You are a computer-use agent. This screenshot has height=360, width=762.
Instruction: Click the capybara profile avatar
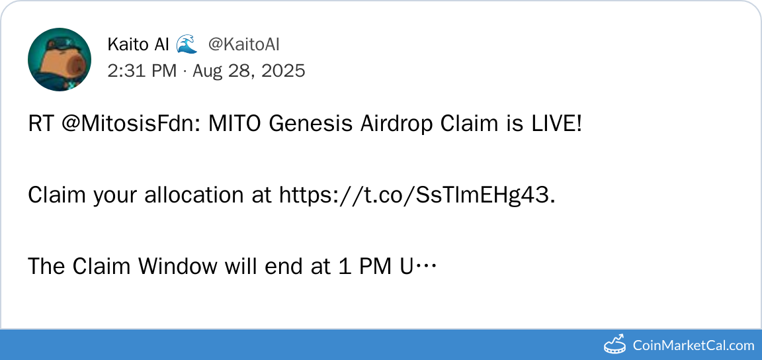(60, 60)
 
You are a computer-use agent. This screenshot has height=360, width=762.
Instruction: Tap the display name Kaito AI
(138, 45)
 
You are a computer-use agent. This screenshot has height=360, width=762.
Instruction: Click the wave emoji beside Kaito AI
(187, 44)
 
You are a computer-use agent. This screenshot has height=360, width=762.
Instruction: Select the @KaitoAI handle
(244, 45)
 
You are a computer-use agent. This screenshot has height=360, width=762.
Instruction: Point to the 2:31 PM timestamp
(142, 71)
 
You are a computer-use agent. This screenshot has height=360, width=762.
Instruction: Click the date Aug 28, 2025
(249, 71)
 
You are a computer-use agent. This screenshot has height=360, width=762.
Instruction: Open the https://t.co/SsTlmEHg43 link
(417, 196)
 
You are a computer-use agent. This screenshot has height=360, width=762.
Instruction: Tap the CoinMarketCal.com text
(693, 346)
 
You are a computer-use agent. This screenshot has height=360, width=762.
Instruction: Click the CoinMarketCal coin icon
(615, 344)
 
